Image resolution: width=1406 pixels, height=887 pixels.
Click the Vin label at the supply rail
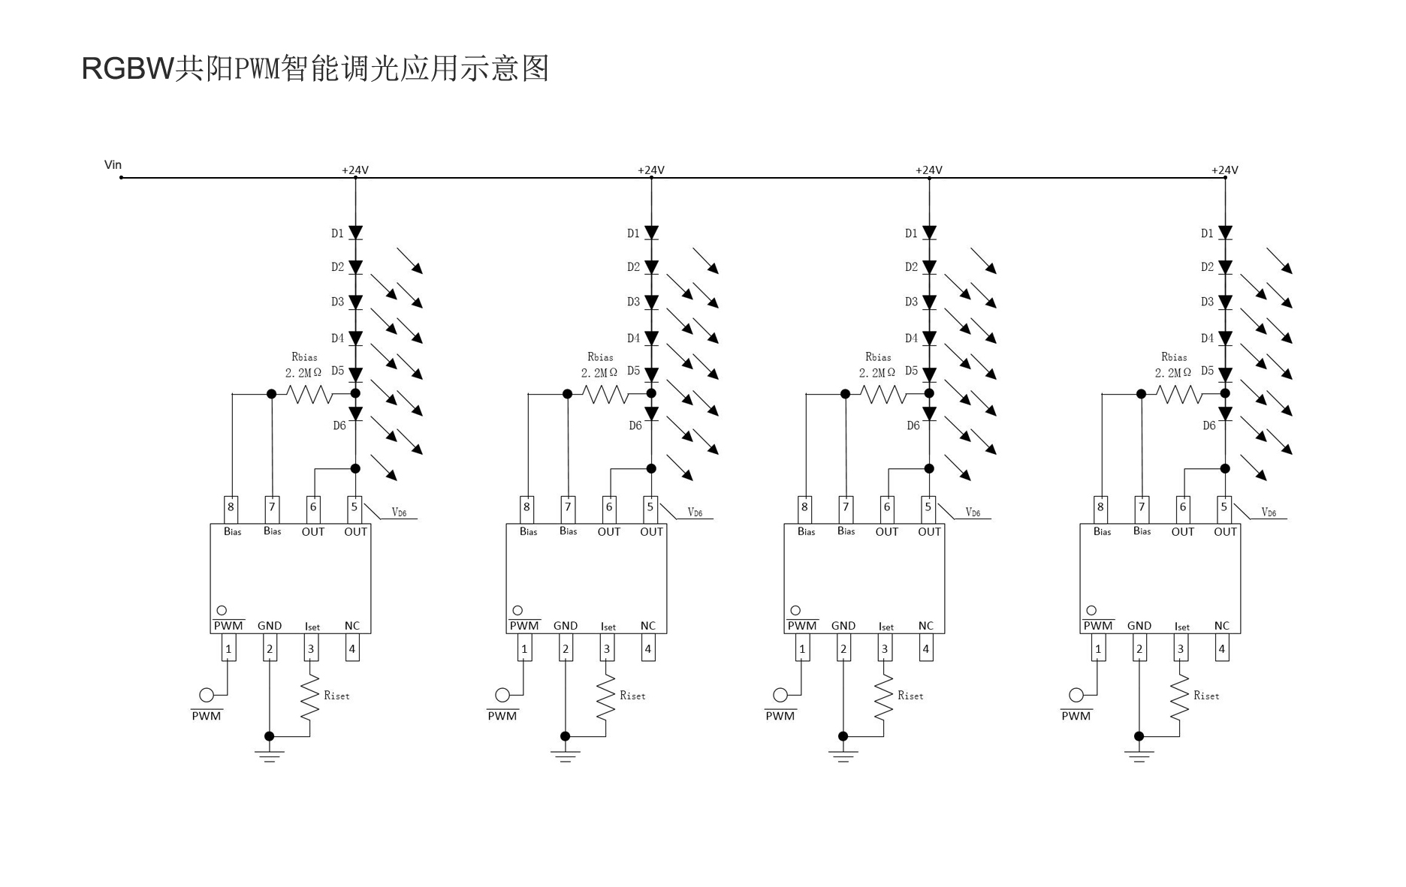click(x=113, y=165)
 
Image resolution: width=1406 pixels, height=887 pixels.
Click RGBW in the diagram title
click(x=127, y=68)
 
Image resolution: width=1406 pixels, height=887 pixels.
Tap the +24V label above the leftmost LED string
click(x=355, y=170)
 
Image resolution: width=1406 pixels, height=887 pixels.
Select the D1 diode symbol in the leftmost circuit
click(x=355, y=233)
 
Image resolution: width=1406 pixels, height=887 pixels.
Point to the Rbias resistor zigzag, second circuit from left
click(x=605, y=394)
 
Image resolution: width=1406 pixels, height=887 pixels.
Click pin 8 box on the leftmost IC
click(x=231, y=507)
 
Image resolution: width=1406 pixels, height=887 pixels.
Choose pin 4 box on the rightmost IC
click(x=1222, y=649)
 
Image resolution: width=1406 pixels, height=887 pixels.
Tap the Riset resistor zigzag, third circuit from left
click(x=884, y=696)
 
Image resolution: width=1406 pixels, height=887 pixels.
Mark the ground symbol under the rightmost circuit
click(x=1139, y=755)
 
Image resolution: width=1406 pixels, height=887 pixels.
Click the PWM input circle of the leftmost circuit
click(x=206, y=695)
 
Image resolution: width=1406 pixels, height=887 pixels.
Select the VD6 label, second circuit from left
click(x=695, y=513)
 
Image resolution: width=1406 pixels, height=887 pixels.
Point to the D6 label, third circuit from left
click(x=913, y=425)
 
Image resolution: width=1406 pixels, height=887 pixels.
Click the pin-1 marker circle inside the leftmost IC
click(x=222, y=611)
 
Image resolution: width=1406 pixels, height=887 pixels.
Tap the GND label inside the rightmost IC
click(x=1139, y=626)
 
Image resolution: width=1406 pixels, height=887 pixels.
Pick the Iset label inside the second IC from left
click(x=608, y=627)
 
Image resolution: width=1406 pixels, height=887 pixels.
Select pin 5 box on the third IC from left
click(x=928, y=507)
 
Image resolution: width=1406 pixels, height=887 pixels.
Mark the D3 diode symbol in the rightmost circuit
click(x=1225, y=302)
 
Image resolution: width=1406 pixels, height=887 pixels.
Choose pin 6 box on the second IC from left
click(x=609, y=507)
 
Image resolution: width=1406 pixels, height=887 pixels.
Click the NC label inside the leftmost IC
click(x=352, y=626)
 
